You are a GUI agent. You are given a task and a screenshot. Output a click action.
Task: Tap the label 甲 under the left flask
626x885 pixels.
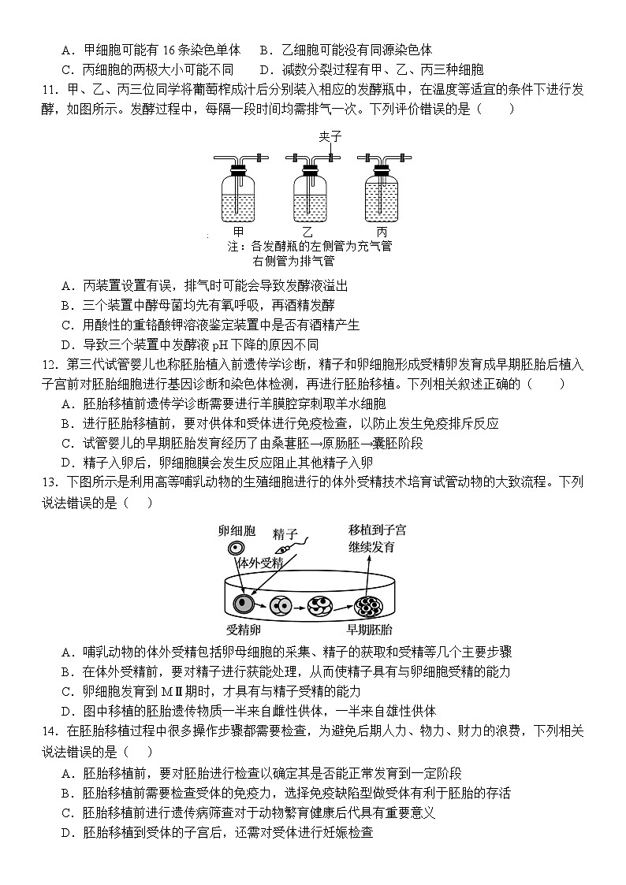239,232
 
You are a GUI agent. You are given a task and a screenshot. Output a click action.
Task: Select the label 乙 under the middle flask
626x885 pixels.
307,232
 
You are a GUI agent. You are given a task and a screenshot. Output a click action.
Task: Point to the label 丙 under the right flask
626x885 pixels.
381,232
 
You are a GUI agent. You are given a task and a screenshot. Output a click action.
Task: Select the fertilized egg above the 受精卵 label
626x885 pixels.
241,604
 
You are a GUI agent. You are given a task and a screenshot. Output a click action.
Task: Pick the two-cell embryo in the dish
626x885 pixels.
280,605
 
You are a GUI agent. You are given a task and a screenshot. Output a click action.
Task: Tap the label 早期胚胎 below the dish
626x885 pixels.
370,630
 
